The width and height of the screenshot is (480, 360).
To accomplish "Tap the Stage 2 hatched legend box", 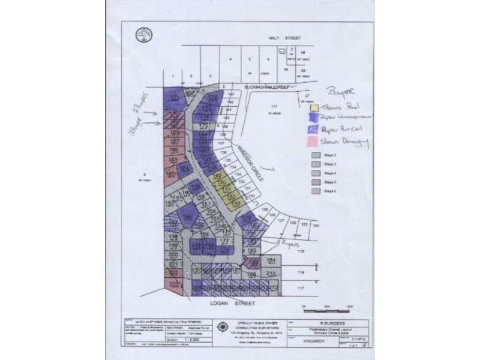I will [316, 155].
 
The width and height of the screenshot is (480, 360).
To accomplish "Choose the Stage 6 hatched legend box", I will [316, 191].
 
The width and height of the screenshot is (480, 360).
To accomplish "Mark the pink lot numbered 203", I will [173, 283].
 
